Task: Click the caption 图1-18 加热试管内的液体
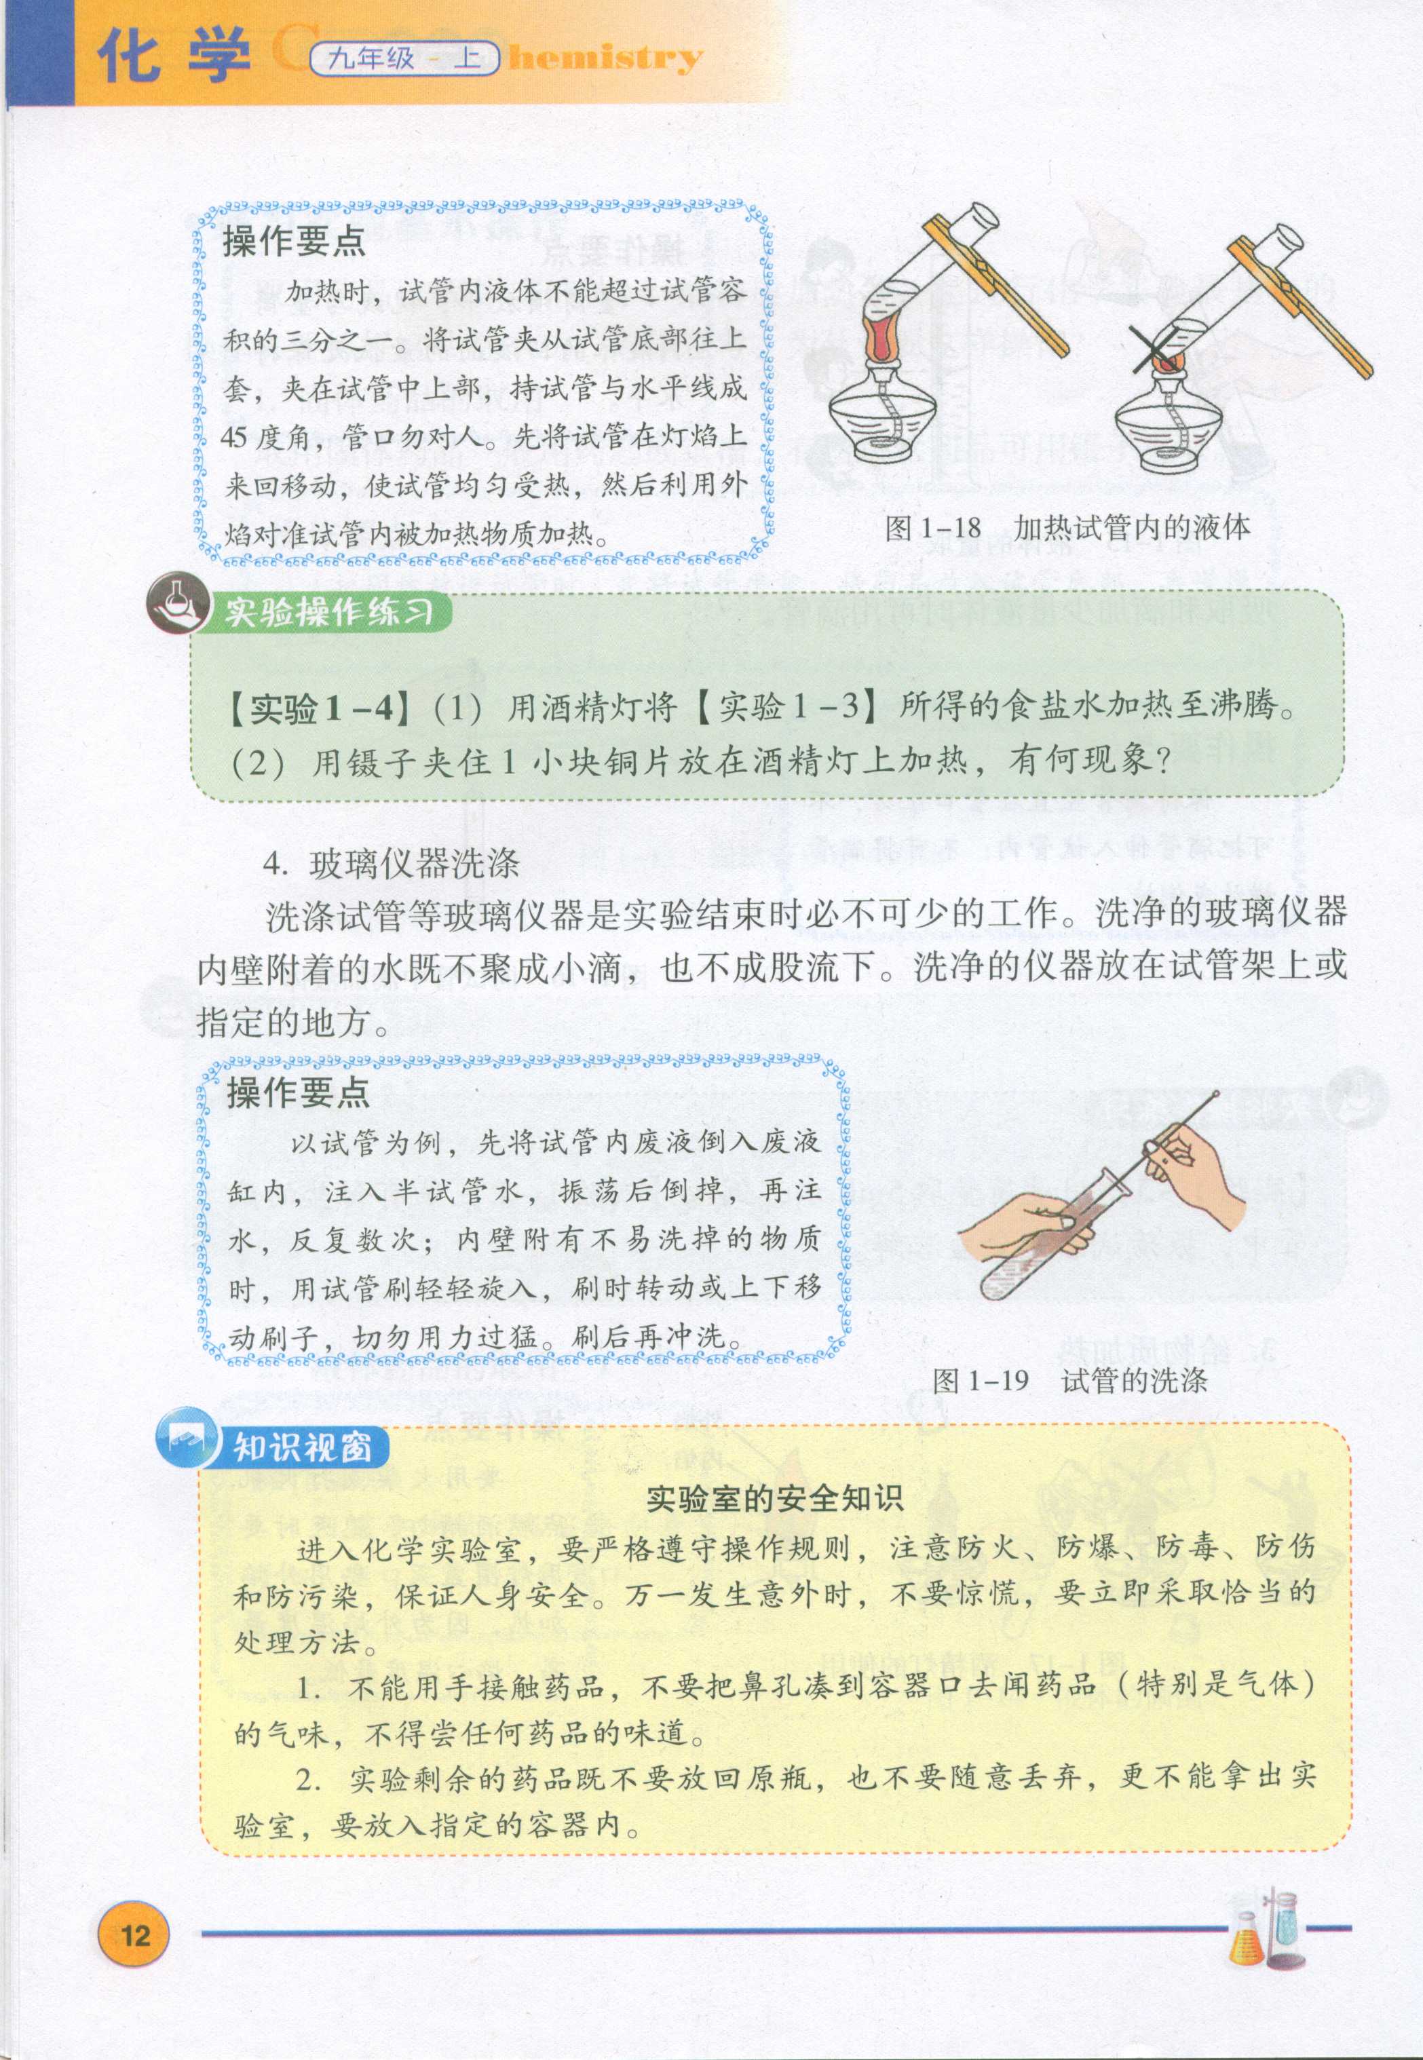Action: coord(1066,528)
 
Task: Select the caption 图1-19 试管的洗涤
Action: coord(1069,1381)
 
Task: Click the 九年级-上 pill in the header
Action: coord(404,59)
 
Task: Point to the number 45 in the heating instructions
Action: coord(233,438)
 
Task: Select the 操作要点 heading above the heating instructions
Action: coord(295,241)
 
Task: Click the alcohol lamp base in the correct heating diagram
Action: coord(881,417)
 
